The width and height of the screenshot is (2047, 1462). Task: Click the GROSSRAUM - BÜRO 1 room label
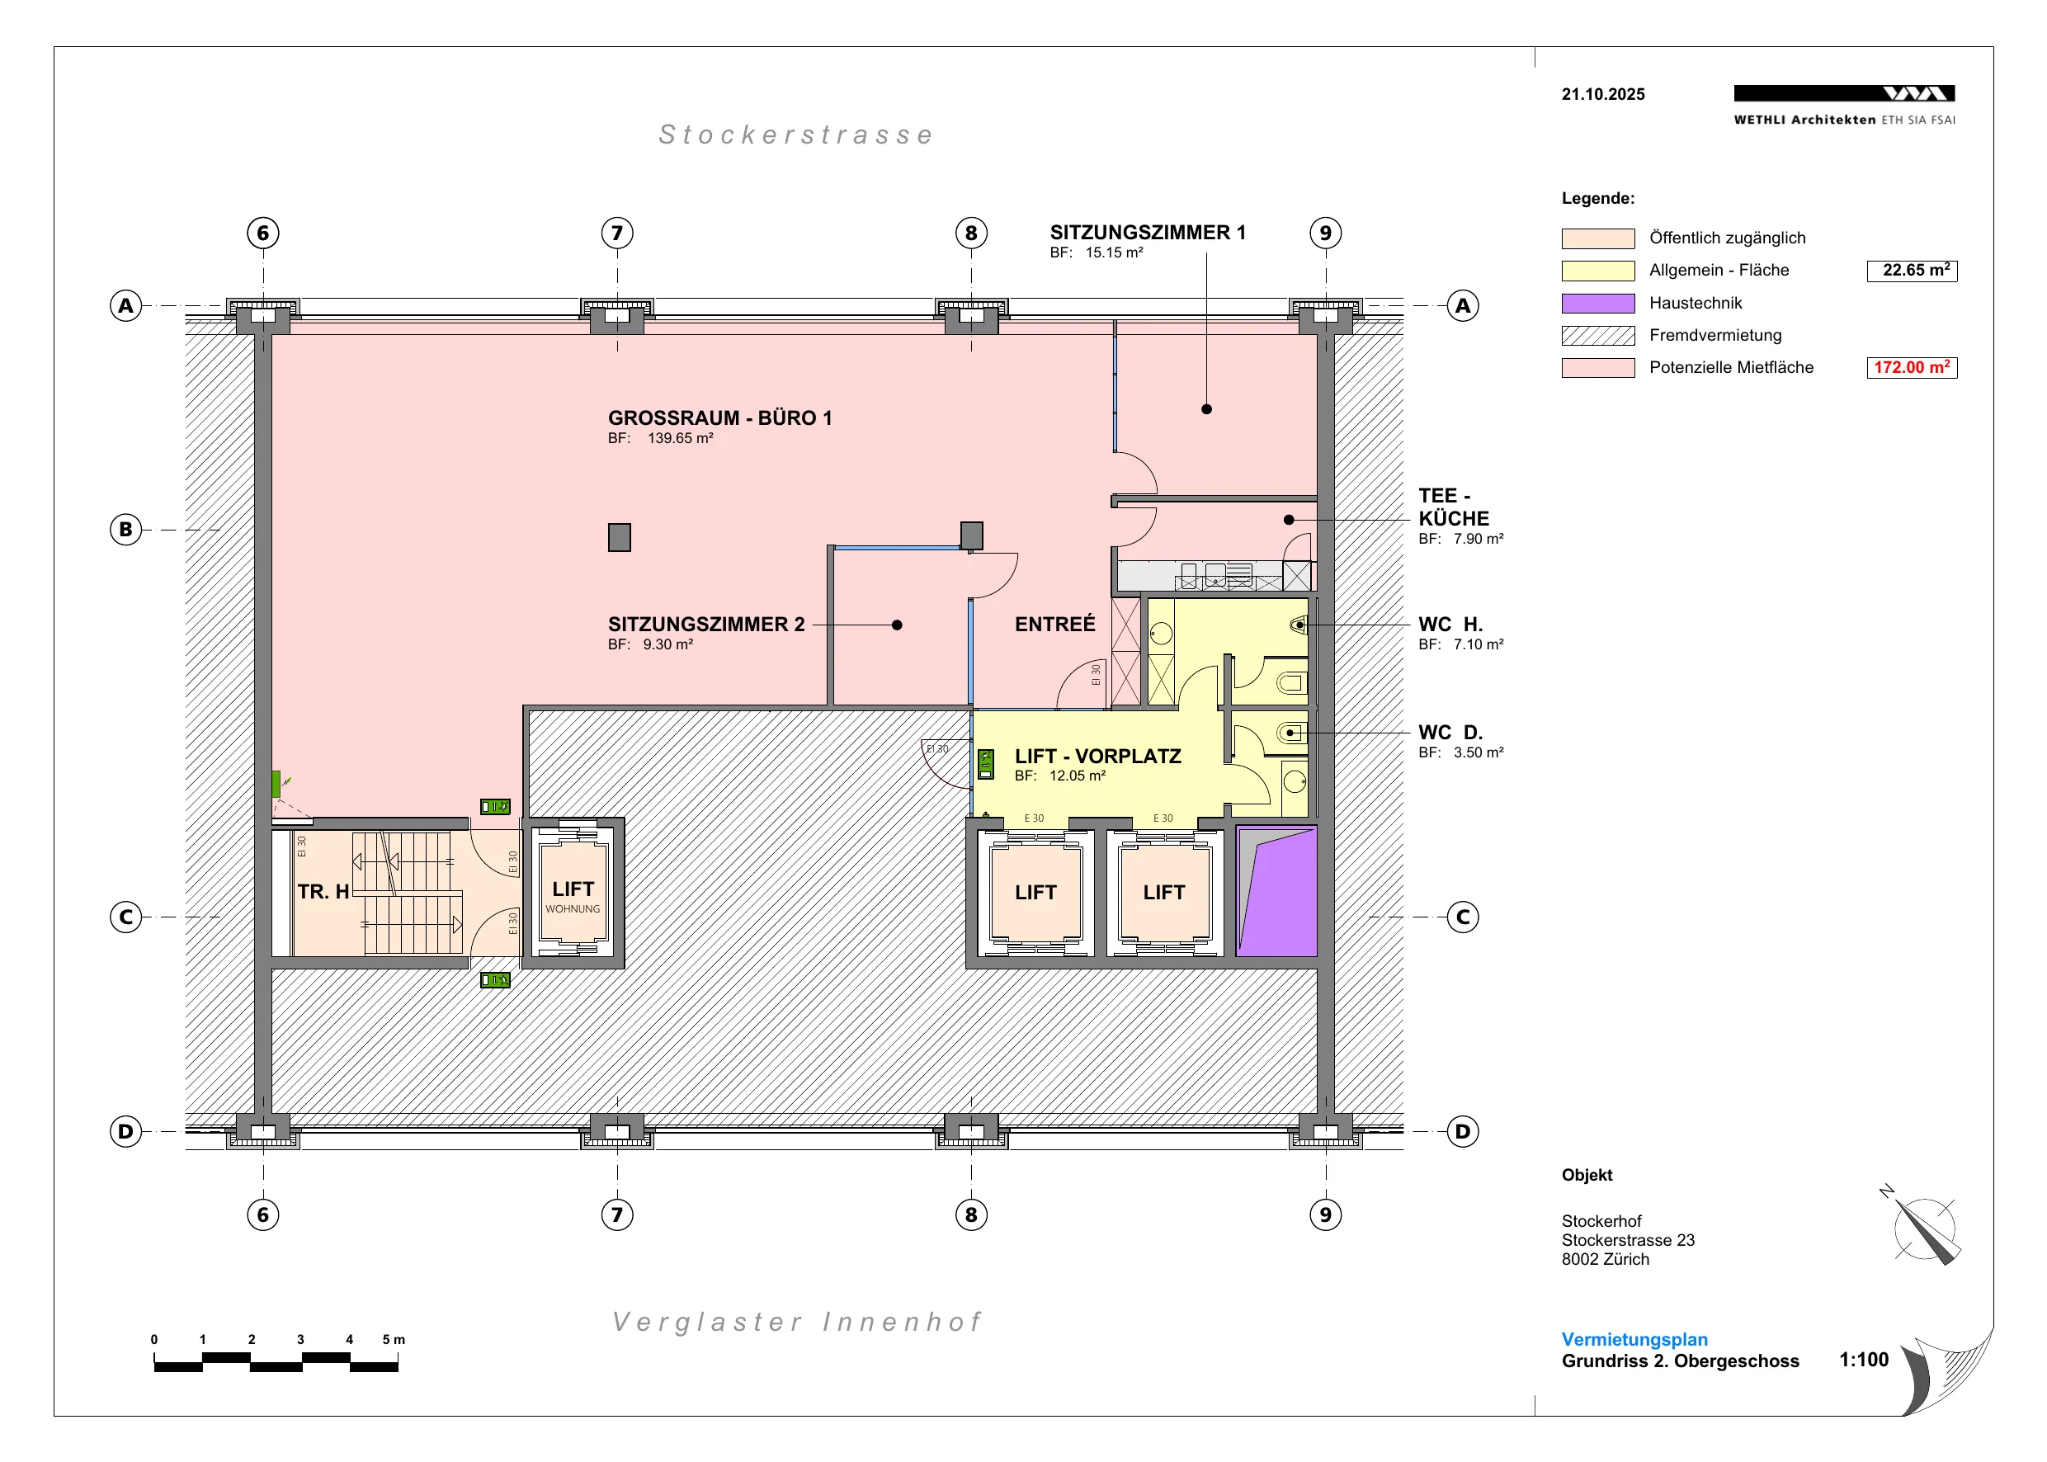719,417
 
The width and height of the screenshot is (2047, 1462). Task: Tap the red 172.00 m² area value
1911,367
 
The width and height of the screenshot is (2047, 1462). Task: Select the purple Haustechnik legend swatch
1598,304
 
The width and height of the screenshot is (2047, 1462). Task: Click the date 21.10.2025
1603,95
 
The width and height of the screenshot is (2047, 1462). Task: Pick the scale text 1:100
1863,1360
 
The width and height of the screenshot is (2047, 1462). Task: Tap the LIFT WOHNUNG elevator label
573,897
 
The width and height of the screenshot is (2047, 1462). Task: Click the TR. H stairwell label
323,891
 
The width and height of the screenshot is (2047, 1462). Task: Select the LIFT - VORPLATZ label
1097,757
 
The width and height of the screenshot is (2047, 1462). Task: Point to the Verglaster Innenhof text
797,1322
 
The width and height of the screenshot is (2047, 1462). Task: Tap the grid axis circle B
126,530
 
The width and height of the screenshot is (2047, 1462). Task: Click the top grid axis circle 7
617,233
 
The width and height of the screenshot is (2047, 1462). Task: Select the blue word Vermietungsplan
1634,1340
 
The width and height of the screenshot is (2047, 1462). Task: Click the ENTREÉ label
1055,623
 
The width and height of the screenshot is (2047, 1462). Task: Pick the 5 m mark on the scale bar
394,1340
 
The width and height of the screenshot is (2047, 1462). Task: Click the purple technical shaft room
1277,890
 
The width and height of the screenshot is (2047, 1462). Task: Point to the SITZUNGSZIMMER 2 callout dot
897,625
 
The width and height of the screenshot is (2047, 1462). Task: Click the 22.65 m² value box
1911,270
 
